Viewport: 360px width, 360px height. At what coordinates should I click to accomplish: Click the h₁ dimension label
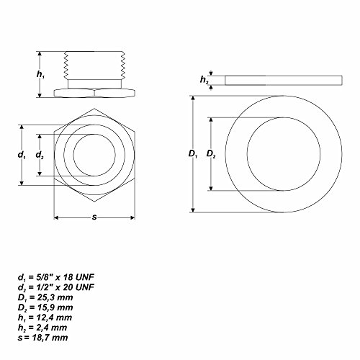pos(41,75)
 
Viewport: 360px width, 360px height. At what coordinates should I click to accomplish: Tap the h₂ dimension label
pos(203,80)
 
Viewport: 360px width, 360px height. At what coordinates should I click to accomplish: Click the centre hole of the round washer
pos(276,155)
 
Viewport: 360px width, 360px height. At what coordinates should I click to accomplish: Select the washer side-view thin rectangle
pos(276,81)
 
